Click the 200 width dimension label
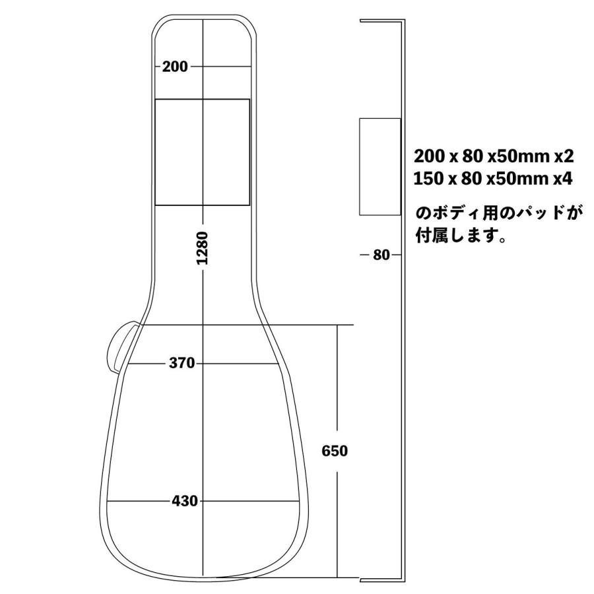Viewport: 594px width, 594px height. coord(175,66)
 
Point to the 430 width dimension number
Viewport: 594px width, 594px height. coord(185,501)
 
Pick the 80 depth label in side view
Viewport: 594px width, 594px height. coord(381,255)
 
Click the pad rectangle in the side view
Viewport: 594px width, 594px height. coord(379,166)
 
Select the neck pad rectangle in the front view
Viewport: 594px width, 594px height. coord(202,152)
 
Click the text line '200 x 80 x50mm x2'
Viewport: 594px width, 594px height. coord(494,157)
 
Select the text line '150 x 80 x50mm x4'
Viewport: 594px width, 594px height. coord(494,179)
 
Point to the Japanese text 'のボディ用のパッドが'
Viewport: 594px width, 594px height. coord(500,213)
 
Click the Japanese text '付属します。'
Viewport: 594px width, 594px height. coord(461,236)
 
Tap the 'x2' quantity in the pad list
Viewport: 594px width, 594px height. coord(564,157)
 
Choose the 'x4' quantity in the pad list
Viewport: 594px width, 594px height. coord(564,179)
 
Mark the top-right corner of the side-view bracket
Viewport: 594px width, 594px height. coord(403,21)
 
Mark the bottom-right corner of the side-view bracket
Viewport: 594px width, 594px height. coord(403,581)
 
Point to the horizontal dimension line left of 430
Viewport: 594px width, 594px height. coord(139,501)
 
